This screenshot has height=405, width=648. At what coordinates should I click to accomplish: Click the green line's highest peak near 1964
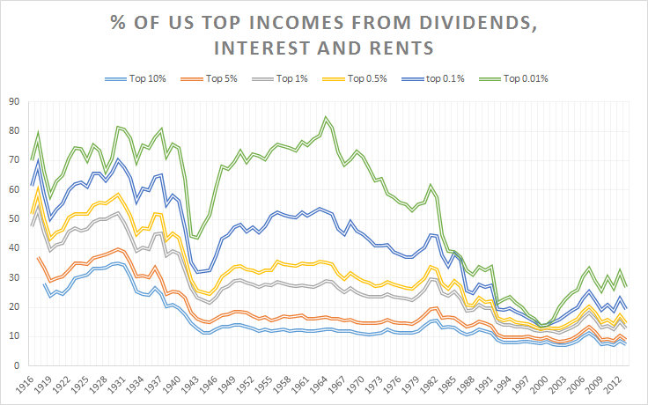pos(326,116)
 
